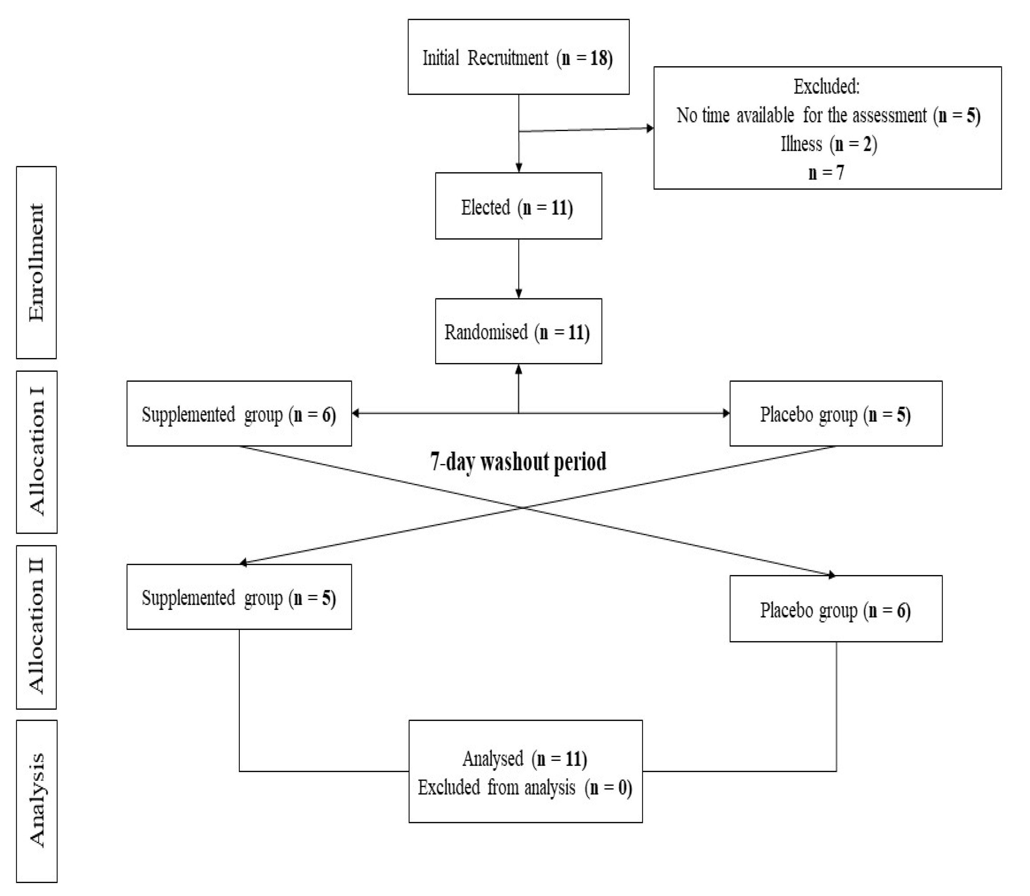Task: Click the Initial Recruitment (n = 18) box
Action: [x=518, y=57]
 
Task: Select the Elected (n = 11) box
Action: [x=518, y=206]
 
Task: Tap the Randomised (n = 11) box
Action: [x=518, y=331]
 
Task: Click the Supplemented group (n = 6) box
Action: [x=239, y=413]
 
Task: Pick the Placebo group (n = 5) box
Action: [x=835, y=413]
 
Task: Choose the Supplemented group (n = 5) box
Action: [x=239, y=597]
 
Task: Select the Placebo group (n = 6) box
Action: [x=835, y=608]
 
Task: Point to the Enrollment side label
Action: [x=36, y=262]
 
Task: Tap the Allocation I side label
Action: [x=36, y=452]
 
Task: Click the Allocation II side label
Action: [x=36, y=627]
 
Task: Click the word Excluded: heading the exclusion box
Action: [x=826, y=86]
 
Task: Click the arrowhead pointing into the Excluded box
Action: [x=650, y=128]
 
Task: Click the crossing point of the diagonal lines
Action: [x=523, y=507]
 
